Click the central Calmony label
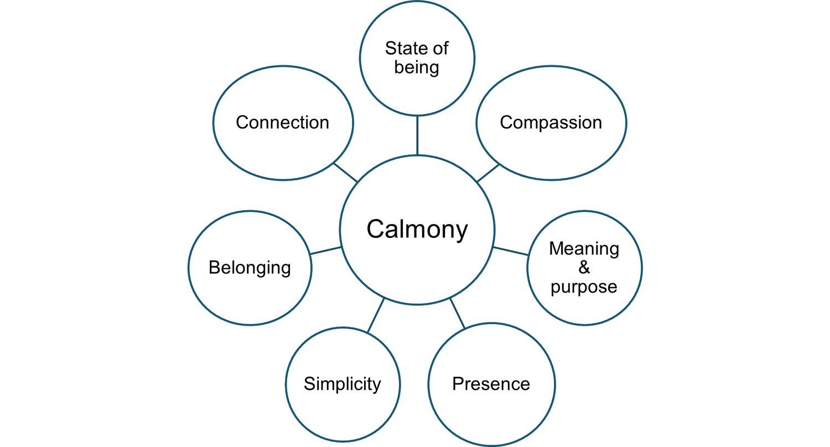coord(417,229)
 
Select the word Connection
coord(282,122)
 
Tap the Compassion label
coord(551,122)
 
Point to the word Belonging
coord(250,268)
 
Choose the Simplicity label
coord(342,384)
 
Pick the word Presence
coord(491,384)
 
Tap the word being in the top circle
coord(417,67)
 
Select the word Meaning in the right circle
coord(584,249)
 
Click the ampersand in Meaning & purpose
coord(584,268)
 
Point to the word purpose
coord(584,287)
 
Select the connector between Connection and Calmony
coord(346,173)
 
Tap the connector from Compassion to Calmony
coord(487,173)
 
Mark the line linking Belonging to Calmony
coord(325,251)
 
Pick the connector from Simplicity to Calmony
coord(376,315)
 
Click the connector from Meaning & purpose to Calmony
coord(510,251)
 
